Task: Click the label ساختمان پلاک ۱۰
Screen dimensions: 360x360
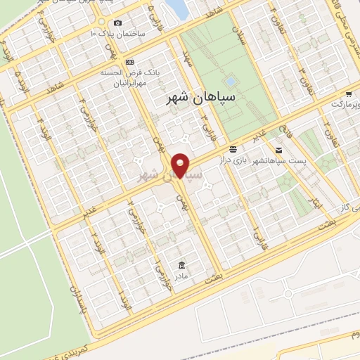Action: pyautogui.click(x=117, y=33)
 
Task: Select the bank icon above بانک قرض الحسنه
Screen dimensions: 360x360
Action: pyautogui.click(x=129, y=62)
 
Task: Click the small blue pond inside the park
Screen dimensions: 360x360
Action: pyautogui.click(x=230, y=82)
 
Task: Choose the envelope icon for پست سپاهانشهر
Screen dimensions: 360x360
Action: pyautogui.click(x=278, y=150)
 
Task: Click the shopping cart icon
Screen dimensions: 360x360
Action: pyautogui.click(x=348, y=94)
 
